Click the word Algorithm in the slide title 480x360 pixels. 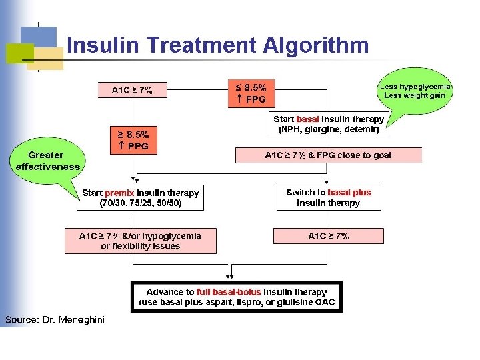coord(316,45)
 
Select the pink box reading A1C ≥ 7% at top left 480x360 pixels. coord(131,90)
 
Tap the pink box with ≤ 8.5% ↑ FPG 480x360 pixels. coord(251,93)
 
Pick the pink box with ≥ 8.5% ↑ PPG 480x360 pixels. coord(133,140)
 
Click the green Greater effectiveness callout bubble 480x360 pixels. coord(46,161)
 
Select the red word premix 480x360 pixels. coord(119,193)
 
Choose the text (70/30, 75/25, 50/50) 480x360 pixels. coord(140,203)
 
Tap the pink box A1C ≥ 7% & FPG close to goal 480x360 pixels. coord(328,155)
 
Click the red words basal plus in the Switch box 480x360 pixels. coord(349,193)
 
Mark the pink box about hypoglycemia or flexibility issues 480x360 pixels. coord(140,241)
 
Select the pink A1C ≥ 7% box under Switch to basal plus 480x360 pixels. coord(329,236)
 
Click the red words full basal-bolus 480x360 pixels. coord(229,292)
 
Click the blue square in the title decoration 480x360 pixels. coord(38,41)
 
